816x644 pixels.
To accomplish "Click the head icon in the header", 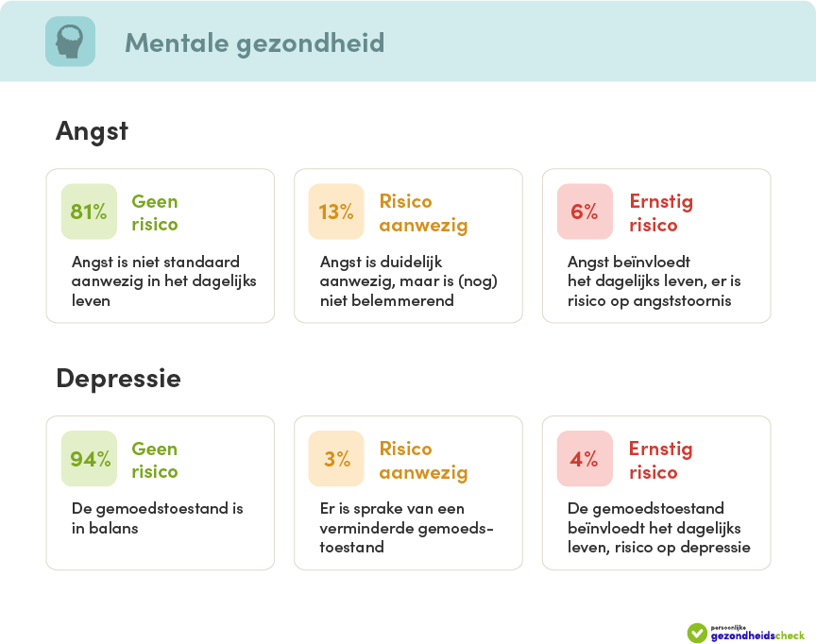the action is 70,42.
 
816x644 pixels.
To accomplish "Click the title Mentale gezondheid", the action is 254,43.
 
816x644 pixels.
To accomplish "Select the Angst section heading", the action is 92,131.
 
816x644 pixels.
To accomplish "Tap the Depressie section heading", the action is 119,378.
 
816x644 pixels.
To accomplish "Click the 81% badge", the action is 89,212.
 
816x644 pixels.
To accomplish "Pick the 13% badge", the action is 336,212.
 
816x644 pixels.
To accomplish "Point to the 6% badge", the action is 585,212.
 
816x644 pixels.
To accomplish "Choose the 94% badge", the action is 89,459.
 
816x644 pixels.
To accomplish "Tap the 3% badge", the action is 336,459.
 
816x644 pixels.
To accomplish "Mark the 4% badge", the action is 585,459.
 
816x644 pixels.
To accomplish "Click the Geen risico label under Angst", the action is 155,212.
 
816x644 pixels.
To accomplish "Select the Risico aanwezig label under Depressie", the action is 424,461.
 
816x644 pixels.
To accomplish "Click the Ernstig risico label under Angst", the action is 661,212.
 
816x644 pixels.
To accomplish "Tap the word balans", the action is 113,529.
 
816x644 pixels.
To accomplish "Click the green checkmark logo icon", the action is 697,633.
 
